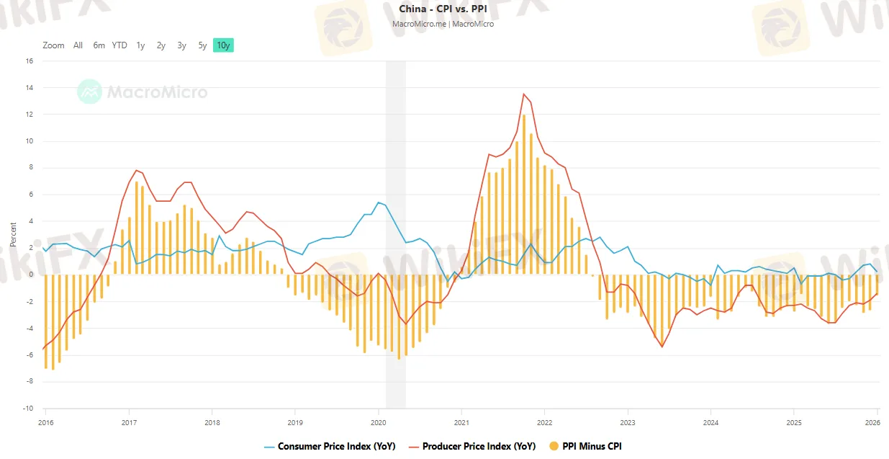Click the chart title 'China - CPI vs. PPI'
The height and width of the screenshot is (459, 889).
click(443, 9)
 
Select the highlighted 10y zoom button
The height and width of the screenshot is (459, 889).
click(223, 45)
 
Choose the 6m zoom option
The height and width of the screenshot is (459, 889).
click(99, 45)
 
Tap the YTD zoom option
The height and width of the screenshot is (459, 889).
click(119, 45)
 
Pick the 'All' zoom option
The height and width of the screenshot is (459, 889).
click(78, 45)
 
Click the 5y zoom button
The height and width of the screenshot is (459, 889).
click(202, 45)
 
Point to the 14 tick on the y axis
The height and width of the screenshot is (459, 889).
click(30, 88)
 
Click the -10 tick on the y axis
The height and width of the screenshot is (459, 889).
click(28, 409)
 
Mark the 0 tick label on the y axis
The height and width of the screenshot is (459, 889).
click(31, 275)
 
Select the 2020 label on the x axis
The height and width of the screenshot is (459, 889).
click(379, 422)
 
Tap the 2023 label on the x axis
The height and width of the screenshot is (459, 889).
click(628, 422)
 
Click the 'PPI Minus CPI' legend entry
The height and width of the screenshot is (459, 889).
click(590, 446)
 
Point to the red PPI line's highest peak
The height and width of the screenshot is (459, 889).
click(524, 94)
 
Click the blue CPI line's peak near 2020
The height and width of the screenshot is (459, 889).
click(379, 202)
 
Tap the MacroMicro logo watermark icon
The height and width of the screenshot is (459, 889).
click(90, 92)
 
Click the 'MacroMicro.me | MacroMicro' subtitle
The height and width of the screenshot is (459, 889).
click(443, 24)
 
